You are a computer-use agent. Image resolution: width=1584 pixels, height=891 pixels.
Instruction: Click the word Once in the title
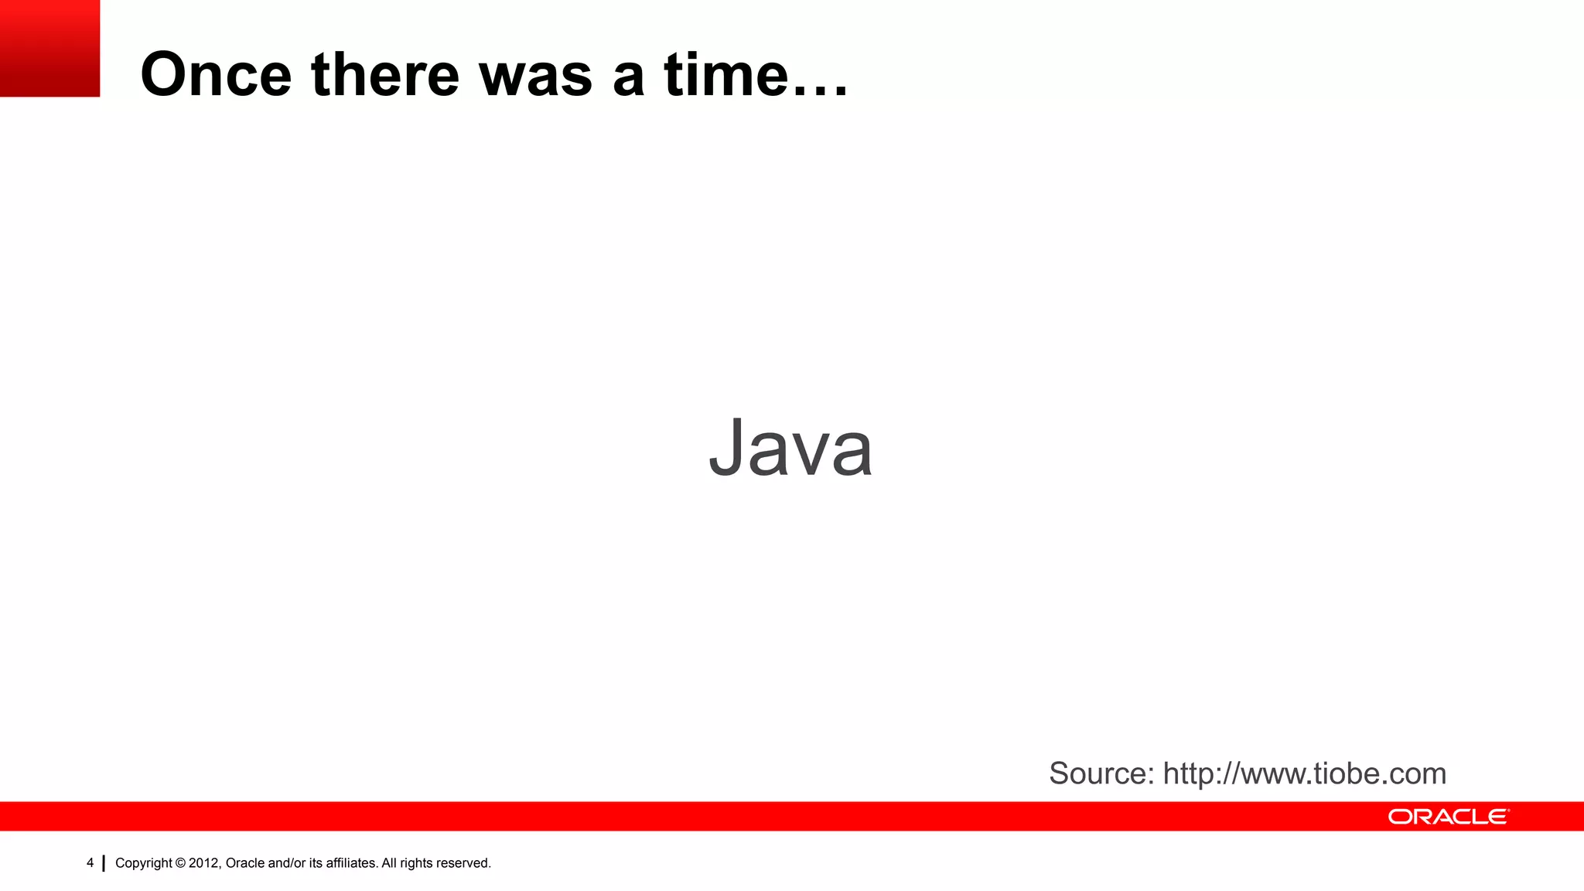216,74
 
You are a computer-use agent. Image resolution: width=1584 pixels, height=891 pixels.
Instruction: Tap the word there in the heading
384,74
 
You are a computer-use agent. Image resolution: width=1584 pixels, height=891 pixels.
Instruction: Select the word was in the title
535,76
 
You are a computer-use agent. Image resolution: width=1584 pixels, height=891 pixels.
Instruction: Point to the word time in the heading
725,74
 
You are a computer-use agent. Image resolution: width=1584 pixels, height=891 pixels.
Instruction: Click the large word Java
790,448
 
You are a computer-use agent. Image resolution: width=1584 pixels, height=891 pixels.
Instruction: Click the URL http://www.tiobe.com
1304,773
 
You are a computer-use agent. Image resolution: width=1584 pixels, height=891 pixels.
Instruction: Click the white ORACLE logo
1448,817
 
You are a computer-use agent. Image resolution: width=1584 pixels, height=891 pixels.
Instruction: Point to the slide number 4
90,862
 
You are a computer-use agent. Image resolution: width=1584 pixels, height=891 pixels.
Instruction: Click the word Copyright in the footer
144,863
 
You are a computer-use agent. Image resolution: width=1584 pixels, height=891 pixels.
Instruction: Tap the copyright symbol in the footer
180,863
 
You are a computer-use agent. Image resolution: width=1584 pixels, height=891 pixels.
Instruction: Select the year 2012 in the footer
204,863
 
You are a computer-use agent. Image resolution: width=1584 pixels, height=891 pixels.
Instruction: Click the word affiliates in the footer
351,863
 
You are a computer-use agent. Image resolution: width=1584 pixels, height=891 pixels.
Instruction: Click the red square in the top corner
49,48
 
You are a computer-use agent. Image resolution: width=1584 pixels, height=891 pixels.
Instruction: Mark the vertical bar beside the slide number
104,863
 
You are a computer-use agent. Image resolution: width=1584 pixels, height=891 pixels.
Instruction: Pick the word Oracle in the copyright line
244,863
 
